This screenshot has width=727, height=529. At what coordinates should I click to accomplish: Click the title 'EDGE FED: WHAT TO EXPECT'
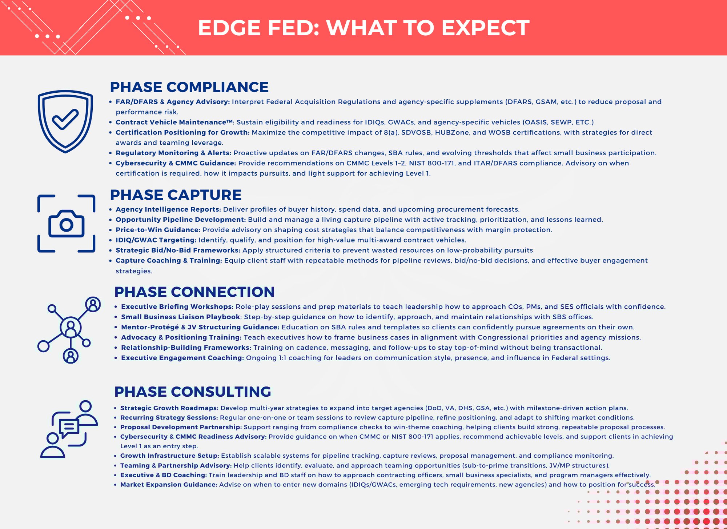click(363, 28)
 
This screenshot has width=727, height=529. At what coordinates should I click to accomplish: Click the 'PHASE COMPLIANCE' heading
click(189, 87)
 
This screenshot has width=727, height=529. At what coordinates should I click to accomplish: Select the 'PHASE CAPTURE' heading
click(176, 195)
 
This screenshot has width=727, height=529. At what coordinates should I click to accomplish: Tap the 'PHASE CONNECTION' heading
click(194, 292)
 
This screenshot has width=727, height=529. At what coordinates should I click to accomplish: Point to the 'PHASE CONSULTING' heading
click(193, 392)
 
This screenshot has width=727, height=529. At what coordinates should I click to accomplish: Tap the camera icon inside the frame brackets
click(66, 224)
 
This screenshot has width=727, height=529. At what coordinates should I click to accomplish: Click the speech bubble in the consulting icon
click(69, 429)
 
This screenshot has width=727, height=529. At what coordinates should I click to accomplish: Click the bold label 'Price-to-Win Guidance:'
click(158, 230)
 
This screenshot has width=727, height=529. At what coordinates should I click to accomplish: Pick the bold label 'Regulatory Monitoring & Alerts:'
click(173, 153)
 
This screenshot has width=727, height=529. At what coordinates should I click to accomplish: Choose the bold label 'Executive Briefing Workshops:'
click(177, 307)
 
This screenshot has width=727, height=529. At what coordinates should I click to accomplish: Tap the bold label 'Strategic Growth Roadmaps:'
click(169, 408)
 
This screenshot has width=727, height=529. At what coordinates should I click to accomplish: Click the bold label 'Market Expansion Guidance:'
click(169, 485)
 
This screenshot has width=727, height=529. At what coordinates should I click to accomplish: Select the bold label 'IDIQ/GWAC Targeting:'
click(156, 240)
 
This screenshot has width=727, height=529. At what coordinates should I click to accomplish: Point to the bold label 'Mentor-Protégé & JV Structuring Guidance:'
click(200, 327)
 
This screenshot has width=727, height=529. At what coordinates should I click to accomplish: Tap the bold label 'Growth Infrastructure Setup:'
click(170, 456)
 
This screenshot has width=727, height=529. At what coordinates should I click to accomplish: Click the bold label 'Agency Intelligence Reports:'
click(168, 209)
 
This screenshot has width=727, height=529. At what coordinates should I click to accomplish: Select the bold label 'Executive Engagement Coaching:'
click(182, 358)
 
